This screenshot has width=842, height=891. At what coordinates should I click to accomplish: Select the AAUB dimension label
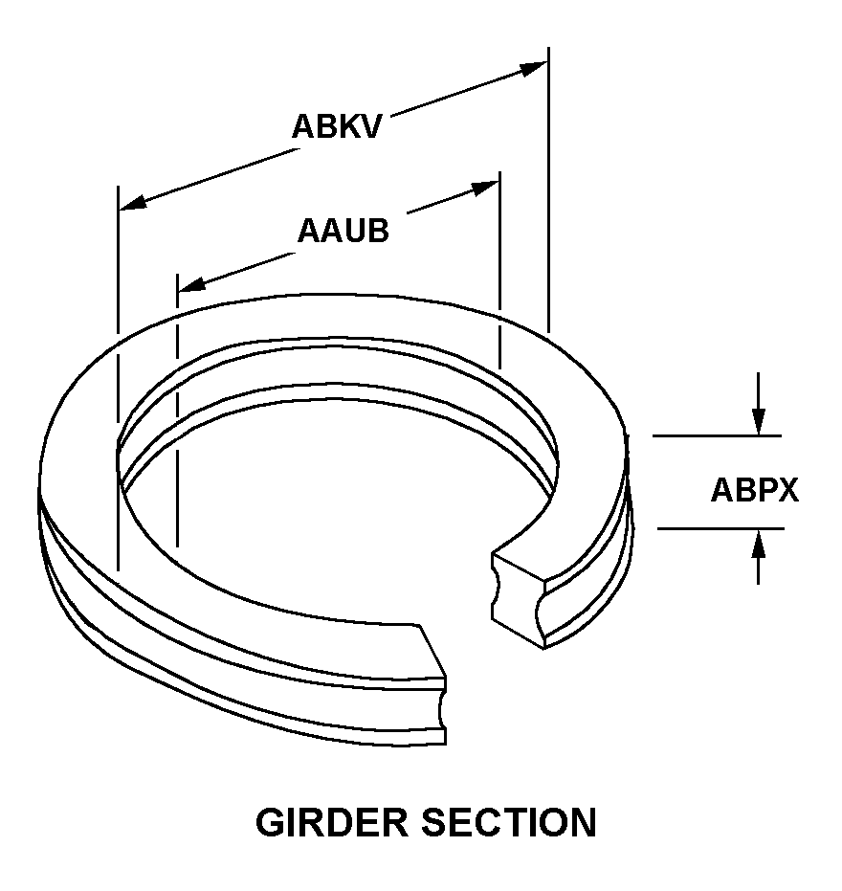point(343,232)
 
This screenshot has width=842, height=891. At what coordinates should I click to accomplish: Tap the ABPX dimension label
point(754,490)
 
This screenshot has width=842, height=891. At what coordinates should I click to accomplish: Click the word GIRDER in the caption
point(341,823)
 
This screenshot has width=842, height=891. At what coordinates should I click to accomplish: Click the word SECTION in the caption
point(517,823)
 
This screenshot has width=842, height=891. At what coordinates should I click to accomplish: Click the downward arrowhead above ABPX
point(758,422)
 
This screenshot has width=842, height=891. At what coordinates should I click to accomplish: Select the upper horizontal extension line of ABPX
point(718,435)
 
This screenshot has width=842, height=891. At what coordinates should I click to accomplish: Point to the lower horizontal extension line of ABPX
point(718,528)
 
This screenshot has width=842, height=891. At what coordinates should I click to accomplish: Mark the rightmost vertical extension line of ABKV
point(548,191)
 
